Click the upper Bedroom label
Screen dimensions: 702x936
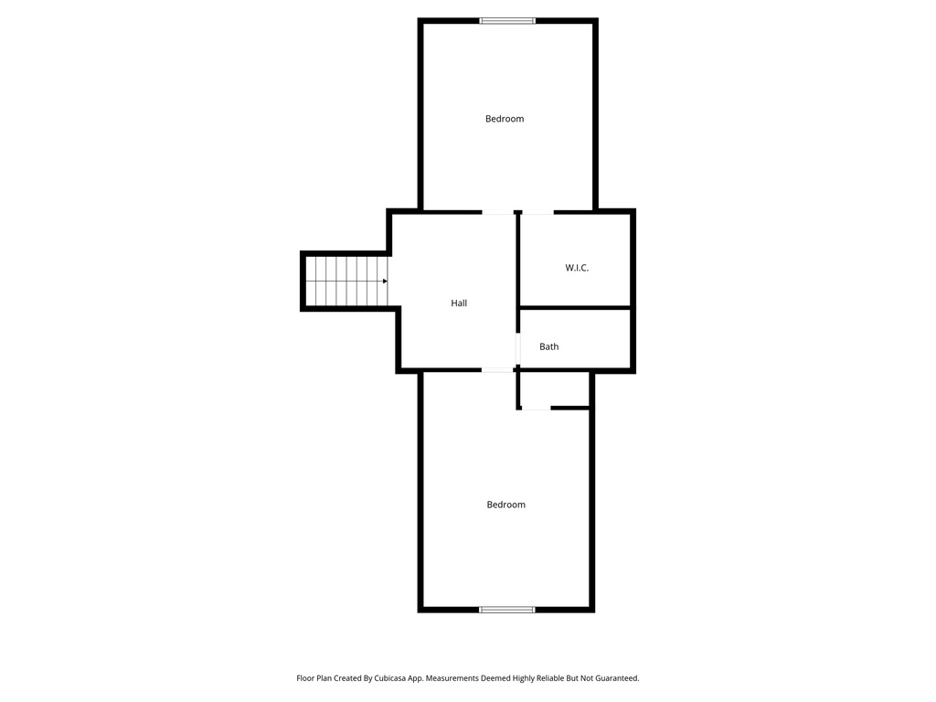click(505, 119)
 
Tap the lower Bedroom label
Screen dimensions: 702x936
click(505, 505)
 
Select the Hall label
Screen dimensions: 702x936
click(459, 303)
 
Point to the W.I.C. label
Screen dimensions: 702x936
click(577, 268)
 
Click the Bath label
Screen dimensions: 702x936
click(548, 346)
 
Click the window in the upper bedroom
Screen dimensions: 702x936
click(507, 20)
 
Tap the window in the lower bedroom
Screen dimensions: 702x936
click(507, 609)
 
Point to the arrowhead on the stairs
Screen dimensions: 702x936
click(385, 282)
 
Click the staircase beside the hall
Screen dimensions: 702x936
click(345, 282)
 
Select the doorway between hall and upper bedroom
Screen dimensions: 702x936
click(498, 213)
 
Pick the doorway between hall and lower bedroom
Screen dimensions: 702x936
click(498, 369)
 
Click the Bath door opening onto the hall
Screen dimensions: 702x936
click(518, 348)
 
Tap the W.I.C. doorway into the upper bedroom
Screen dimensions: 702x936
click(537, 213)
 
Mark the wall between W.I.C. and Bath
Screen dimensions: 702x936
click(575, 308)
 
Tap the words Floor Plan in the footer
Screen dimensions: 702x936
click(314, 678)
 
